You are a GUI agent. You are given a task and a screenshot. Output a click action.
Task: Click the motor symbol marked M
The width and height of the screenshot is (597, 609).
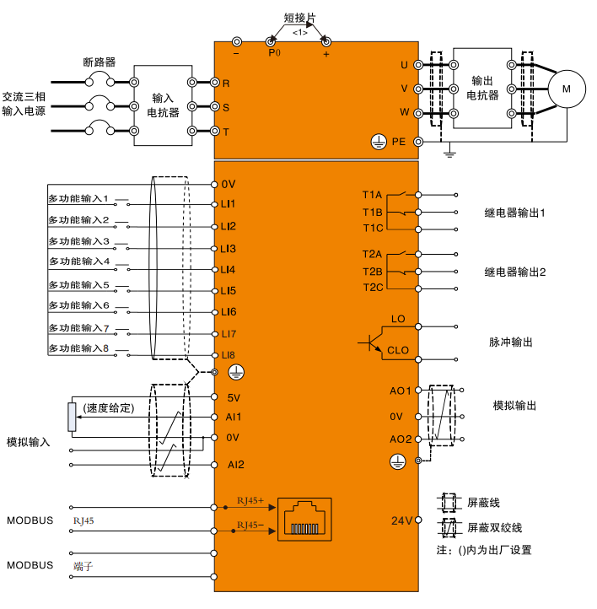(567, 88)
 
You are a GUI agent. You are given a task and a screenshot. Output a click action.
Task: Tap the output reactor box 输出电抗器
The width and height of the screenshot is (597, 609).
(483, 88)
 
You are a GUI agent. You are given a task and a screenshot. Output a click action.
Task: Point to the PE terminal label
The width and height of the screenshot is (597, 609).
(399, 143)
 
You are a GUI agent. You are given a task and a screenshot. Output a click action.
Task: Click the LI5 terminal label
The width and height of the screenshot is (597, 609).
(229, 291)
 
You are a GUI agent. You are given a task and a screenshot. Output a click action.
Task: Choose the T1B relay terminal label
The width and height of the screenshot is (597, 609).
(373, 212)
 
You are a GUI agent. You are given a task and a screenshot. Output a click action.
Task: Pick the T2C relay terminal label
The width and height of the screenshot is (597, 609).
(373, 288)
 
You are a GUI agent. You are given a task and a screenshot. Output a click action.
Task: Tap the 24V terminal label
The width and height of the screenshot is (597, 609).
(401, 520)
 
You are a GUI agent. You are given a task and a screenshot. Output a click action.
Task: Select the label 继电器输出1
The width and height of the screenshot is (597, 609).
(515, 213)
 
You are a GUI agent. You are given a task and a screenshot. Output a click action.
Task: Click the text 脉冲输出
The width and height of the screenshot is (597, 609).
(511, 342)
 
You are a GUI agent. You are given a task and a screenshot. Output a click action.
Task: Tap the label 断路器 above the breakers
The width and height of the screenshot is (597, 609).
(99, 62)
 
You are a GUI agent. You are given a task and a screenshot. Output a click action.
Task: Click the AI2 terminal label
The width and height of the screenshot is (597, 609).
(235, 465)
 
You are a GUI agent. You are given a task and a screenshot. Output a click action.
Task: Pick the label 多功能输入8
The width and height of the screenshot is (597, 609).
(78, 348)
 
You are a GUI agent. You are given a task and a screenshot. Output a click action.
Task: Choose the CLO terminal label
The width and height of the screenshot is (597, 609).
(398, 350)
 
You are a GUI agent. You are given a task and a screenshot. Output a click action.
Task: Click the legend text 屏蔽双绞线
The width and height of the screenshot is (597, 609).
(495, 528)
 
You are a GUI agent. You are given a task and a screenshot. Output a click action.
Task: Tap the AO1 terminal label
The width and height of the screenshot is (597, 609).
(400, 391)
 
